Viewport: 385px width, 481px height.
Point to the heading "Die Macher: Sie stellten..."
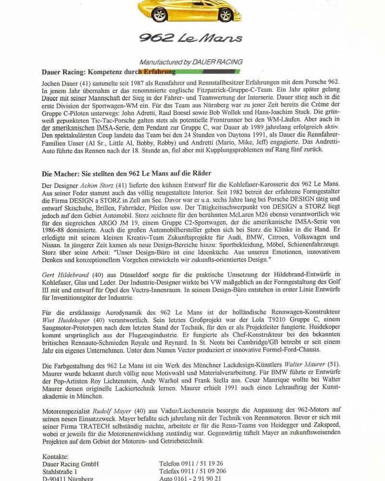point(127,173)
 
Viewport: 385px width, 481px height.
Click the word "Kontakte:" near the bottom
point(56,456)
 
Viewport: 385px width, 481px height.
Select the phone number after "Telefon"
point(205,464)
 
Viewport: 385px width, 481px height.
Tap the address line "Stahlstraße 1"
point(60,471)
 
